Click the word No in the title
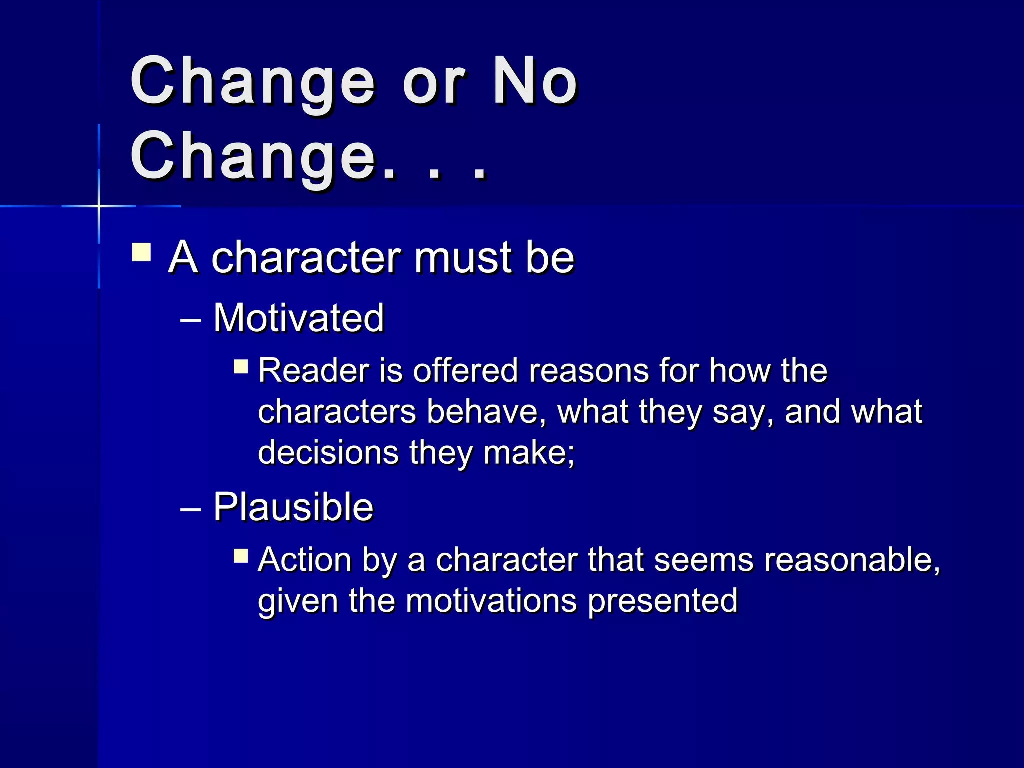pyautogui.click(x=534, y=81)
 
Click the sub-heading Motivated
pyautogui.click(x=299, y=318)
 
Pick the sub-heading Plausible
pyautogui.click(x=293, y=507)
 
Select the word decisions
pyautogui.click(x=328, y=452)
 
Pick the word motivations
pyautogui.click(x=491, y=600)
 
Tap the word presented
pyautogui.click(x=662, y=600)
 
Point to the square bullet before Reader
pyautogui.click(x=241, y=367)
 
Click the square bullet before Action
pyautogui.click(x=241, y=555)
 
